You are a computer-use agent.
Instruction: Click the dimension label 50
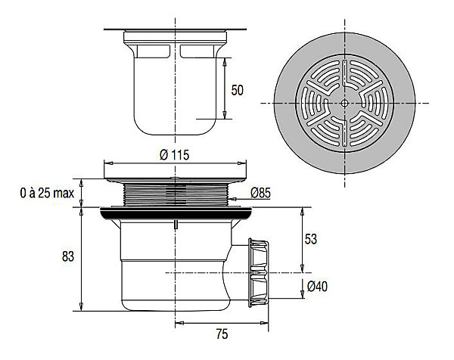237,90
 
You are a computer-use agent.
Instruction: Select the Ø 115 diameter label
175,155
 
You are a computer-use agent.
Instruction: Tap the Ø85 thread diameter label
260,193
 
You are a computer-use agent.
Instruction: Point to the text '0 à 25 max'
47,193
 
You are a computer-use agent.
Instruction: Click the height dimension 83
68,256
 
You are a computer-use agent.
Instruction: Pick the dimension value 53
311,239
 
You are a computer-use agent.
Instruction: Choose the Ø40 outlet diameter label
317,287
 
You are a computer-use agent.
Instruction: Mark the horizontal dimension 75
222,334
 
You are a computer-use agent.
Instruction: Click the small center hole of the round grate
344,103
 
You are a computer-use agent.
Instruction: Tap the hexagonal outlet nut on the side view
259,272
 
